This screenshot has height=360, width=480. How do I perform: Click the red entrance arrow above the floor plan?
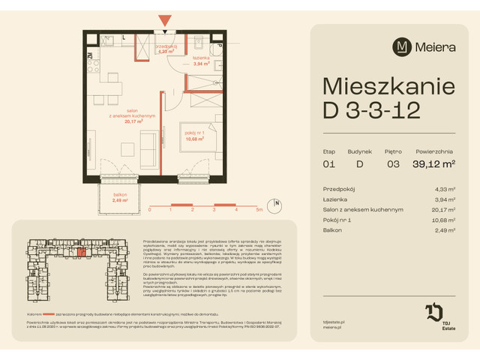pyautogui.click(x=165, y=22)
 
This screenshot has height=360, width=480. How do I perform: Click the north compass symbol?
pyautogui.click(x=277, y=203)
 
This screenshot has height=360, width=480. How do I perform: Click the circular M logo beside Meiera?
pyautogui.click(x=402, y=46)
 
